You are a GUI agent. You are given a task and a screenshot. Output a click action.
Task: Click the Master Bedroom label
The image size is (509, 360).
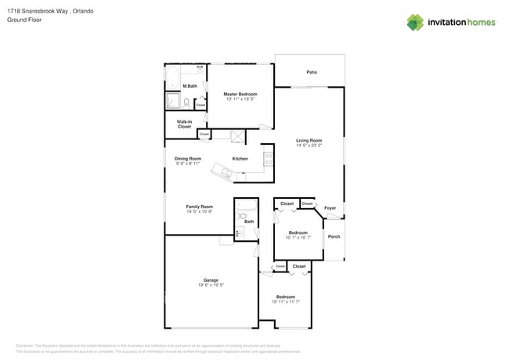[240, 94]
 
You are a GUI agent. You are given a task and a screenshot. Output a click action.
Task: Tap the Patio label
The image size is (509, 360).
[312, 72]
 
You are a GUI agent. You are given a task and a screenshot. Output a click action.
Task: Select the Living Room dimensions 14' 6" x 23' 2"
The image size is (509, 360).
[309, 146]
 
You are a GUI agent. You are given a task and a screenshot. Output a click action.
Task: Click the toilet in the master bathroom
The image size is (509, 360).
[187, 102]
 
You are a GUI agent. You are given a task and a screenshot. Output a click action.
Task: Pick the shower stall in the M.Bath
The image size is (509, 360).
[172, 101]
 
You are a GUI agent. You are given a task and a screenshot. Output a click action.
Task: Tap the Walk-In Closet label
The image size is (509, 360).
[184, 124]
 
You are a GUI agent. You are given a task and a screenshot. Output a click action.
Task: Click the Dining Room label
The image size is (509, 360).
[188, 159]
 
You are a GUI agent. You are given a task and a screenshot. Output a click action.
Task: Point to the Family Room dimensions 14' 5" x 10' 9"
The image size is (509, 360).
[199, 212]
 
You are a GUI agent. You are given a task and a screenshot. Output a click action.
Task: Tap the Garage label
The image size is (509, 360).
[211, 280]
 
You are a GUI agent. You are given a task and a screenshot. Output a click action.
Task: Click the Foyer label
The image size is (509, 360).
[330, 208]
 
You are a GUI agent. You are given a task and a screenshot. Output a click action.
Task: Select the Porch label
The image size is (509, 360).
[334, 236]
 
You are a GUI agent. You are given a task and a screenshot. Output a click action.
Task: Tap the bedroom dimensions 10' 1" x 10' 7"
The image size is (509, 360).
[298, 237]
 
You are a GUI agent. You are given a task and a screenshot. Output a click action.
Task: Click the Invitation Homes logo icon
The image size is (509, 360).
[416, 22]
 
